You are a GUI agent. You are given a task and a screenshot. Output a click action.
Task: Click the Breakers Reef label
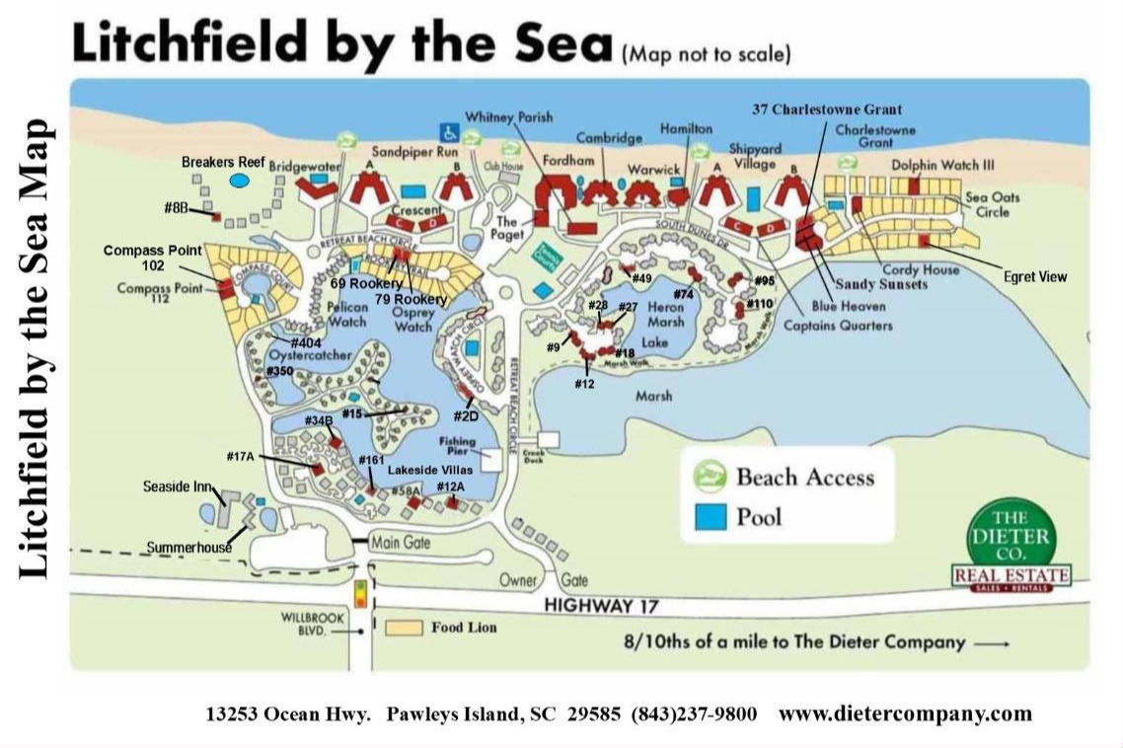point(222,162)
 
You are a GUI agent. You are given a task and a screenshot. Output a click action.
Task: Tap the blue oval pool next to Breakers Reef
point(238,181)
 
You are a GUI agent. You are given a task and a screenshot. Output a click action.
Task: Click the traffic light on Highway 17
point(361,594)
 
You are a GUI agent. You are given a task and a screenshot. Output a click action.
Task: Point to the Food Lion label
point(463,627)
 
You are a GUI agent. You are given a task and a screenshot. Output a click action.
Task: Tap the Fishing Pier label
point(460,447)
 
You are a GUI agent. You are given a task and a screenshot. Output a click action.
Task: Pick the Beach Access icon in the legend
point(710,477)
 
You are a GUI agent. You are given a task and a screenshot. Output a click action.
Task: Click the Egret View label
point(1035,277)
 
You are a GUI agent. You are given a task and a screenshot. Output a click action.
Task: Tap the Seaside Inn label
point(174,486)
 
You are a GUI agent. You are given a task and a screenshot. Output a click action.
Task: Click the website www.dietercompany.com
point(905,712)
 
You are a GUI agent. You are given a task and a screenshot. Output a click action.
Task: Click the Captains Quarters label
point(838,325)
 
